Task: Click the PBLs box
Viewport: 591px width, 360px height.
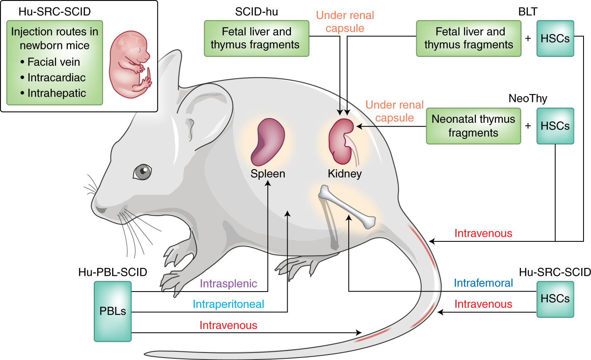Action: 112,311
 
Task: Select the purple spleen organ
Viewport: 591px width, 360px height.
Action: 268,141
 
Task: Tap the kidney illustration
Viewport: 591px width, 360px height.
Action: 342,141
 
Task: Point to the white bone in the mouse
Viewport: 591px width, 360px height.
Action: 347,207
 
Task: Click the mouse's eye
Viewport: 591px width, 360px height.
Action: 142,172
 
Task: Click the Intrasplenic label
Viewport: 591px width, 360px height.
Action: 228,284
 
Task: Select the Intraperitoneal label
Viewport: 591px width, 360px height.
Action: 228,304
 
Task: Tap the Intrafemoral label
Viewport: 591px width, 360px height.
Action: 483,283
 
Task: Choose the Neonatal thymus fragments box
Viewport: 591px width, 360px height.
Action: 473,126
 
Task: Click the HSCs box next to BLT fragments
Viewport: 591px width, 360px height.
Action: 555,39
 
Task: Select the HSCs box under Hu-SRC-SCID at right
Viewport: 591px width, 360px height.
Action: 555,299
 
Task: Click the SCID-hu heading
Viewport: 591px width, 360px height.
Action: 256,12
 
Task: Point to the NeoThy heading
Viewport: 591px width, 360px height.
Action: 528,98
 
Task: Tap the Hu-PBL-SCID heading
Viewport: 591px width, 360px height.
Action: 112,272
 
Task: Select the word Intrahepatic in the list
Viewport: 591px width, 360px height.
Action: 56,93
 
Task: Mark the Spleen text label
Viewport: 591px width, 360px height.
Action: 268,173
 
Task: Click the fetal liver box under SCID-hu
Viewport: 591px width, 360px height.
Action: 256,38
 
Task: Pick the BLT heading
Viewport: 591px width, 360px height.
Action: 528,12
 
